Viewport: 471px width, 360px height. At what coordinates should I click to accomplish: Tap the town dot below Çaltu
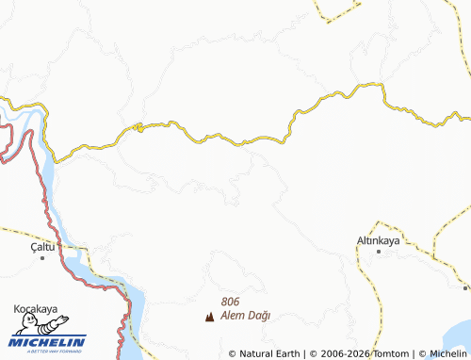click(x=43, y=256)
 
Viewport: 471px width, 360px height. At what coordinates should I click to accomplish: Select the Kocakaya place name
click(x=37, y=308)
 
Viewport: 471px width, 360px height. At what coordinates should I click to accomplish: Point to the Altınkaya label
click(x=380, y=241)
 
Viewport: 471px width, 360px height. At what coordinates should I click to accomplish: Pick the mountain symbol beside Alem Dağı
click(x=209, y=317)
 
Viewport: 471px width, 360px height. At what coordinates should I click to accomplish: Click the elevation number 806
click(x=231, y=302)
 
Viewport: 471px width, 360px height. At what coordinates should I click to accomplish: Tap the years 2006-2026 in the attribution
click(x=343, y=353)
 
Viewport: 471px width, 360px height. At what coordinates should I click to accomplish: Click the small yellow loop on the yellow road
click(x=138, y=127)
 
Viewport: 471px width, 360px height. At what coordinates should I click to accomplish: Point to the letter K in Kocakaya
click(x=17, y=308)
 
